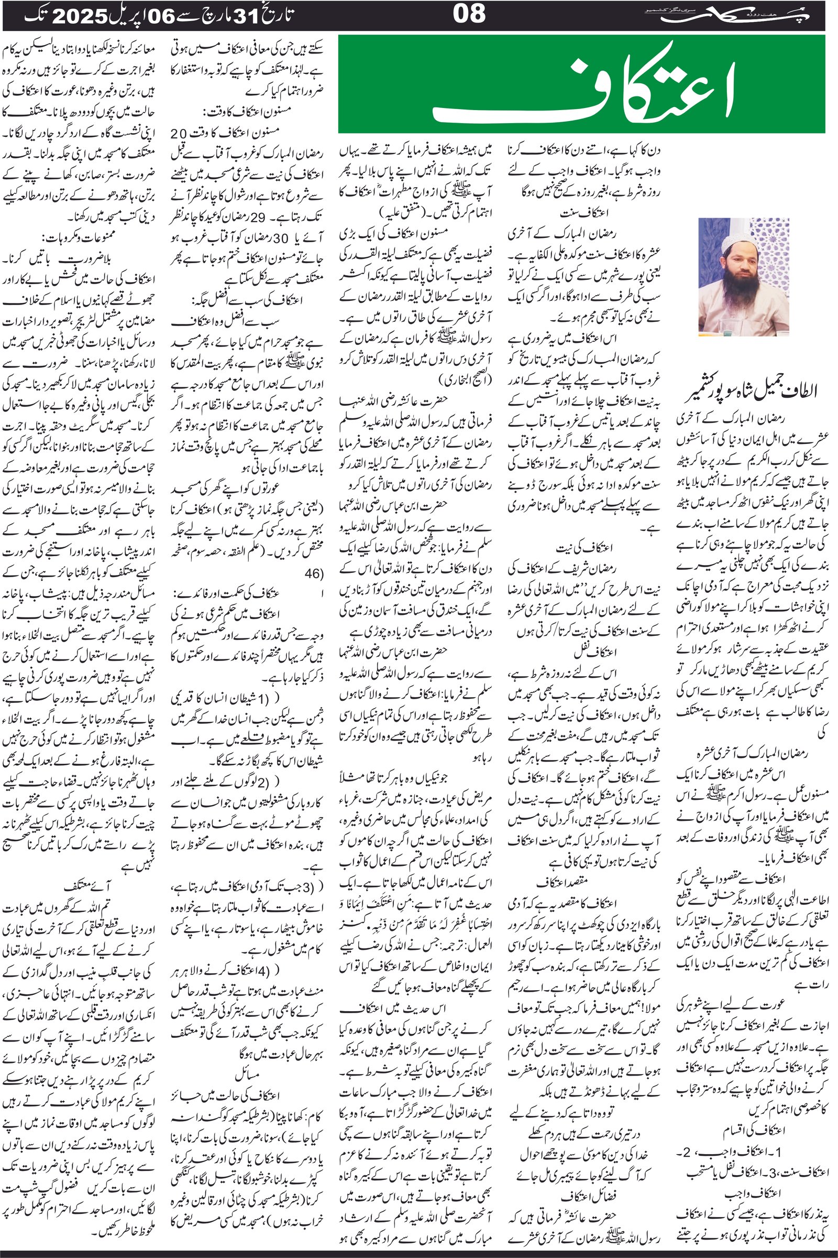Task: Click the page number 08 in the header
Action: pyautogui.click(x=469, y=14)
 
